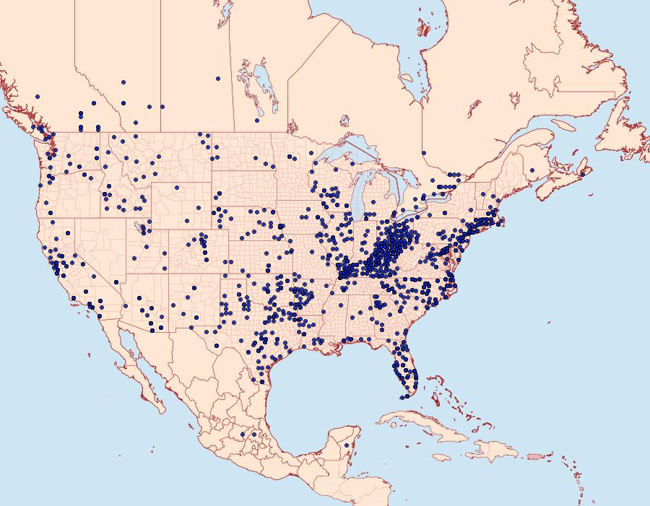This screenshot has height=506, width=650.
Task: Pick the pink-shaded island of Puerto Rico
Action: pyautogui.click(x=535, y=456)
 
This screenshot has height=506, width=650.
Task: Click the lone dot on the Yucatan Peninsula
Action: pyautogui.click(x=347, y=445)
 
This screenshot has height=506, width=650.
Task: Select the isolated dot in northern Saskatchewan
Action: pyautogui.click(x=217, y=78)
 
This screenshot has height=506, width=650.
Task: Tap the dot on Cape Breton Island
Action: pyautogui.click(x=583, y=174)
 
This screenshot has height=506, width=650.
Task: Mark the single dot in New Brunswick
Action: pyautogui.click(x=532, y=170)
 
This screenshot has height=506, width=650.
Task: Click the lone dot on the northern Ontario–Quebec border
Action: pyautogui.click(x=424, y=152)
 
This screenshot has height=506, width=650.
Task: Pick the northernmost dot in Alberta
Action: pyautogui.click(x=123, y=82)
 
